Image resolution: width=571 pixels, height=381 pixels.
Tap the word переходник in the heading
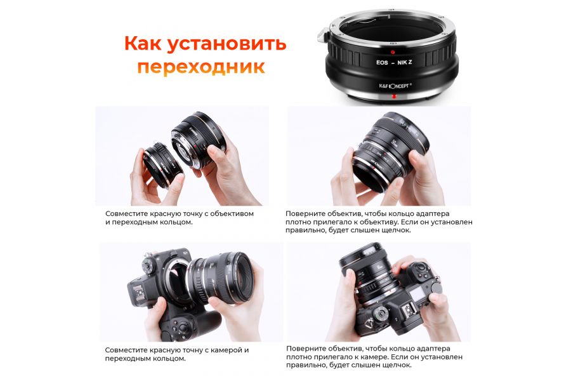click(x=200, y=67)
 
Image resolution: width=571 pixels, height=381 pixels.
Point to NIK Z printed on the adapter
click(x=414, y=63)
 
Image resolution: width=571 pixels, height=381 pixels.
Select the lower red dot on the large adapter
click(x=394, y=97)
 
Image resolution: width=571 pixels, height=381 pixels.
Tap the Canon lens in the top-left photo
click(x=198, y=142)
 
